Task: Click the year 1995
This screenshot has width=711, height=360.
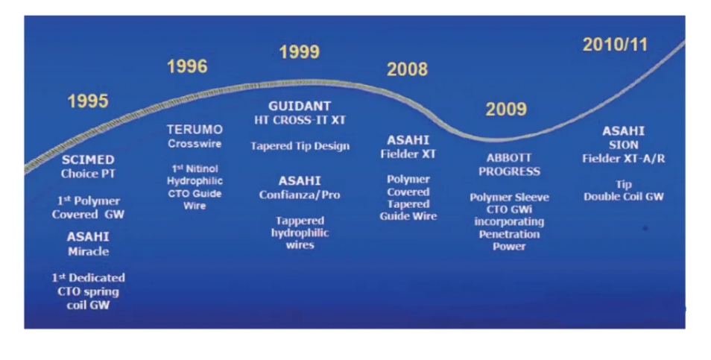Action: click(x=88, y=101)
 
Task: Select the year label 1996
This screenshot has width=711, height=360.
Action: click(x=187, y=66)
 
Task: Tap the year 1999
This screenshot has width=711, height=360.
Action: click(x=300, y=51)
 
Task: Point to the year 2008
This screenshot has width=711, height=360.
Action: click(x=407, y=69)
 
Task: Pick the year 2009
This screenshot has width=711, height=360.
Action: click(x=506, y=110)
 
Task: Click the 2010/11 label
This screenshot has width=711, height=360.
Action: click(x=615, y=45)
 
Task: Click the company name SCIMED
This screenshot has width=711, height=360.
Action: click(x=88, y=160)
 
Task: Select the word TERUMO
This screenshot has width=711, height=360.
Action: click(x=195, y=130)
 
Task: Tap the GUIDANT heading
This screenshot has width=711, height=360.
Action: click(x=300, y=106)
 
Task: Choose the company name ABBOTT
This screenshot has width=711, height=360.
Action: click(x=509, y=158)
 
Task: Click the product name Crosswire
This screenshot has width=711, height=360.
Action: click(x=195, y=144)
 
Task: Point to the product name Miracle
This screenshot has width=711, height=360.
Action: click(x=89, y=252)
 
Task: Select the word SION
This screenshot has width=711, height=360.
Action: click(x=624, y=145)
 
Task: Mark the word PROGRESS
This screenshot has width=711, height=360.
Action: click(x=509, y=172)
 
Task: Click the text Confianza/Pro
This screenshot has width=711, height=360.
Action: click(x=300, y=195)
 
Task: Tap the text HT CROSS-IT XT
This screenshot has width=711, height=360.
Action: click(x=300, y=120)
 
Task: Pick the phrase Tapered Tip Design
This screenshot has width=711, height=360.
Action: click(x=300, y=146)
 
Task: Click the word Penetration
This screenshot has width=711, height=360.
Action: click(x=509, y=234)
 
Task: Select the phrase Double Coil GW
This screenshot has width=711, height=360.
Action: click(x=624, y=197)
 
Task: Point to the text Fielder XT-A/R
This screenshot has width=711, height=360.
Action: click(x=624, y=159)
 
